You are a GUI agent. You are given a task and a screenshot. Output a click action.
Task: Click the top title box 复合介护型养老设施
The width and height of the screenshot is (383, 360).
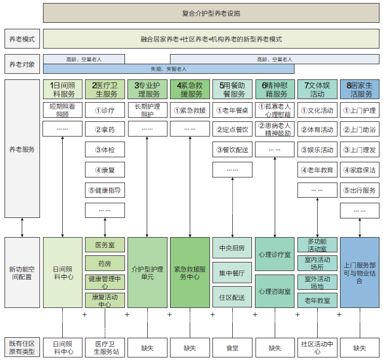(211, 13)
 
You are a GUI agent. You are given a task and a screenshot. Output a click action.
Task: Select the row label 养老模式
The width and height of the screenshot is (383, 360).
(22, 39)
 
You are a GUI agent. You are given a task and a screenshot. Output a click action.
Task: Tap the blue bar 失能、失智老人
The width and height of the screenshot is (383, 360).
(168, 69)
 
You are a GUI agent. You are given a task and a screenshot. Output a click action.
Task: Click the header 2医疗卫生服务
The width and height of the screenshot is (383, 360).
(105, 89)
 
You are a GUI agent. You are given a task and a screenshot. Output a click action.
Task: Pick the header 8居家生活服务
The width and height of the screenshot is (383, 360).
(360, 89)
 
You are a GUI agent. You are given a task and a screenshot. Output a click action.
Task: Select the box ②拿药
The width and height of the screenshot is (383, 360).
(105, 129)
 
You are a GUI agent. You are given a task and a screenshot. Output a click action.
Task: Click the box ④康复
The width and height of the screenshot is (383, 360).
(105, 170)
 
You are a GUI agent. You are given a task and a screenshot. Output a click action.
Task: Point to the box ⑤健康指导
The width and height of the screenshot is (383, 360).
(105, 190)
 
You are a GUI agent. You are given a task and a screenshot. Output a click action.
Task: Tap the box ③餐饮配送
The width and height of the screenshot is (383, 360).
(232, 150)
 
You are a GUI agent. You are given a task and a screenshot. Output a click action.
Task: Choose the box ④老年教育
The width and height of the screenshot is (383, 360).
(317, 170)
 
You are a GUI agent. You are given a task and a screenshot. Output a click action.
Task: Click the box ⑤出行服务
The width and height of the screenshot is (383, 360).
(360, 190)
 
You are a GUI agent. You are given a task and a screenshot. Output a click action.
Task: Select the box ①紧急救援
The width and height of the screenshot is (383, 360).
(190, 110)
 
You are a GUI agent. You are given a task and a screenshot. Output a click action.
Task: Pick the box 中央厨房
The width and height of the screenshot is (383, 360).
(232, 248)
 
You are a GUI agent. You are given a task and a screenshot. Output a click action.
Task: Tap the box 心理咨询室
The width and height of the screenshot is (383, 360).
(275, 291)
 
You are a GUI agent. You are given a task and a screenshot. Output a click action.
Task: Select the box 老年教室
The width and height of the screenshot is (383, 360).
(317, 300)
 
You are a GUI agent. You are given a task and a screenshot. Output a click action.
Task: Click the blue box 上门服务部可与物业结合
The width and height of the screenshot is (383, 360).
(360, 273)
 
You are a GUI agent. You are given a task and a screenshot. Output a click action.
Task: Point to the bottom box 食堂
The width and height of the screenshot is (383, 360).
(232, 348)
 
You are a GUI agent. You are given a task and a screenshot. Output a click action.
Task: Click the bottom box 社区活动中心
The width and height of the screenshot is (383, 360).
(317, 348)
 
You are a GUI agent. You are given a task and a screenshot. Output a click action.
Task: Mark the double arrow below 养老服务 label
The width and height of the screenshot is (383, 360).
(22, 228)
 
